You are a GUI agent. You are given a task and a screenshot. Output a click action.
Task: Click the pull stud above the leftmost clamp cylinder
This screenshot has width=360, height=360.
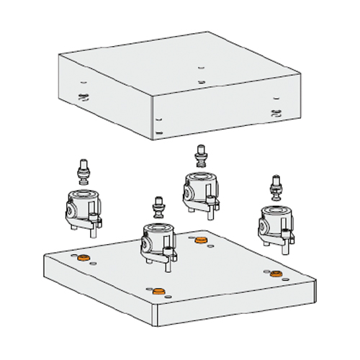[x=83, y=174]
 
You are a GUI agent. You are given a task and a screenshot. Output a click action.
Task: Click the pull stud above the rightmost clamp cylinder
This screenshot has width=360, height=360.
[x=274, y=189]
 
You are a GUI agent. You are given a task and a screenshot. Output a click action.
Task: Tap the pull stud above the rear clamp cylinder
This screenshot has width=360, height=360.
[x=200, y=156]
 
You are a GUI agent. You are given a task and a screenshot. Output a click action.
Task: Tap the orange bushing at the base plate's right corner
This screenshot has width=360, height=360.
[x=275, y=274]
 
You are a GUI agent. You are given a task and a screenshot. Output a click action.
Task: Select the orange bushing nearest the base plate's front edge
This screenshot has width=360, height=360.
[x=159, y=291]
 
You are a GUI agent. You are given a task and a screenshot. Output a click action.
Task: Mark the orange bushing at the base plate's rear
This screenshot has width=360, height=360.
[x=200, y=239]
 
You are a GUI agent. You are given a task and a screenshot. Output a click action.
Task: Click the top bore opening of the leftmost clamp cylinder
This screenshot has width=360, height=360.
[x=83, y=194]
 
